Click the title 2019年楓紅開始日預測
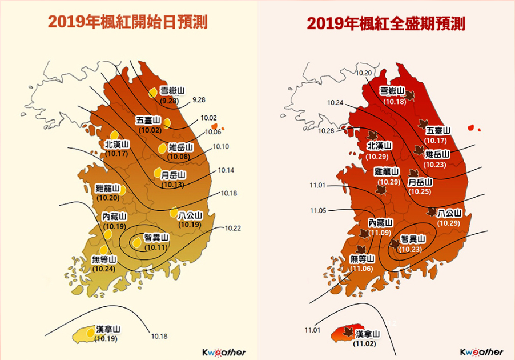pyautogui.click(x=127, y=22)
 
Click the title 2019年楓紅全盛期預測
pyautogui.click(x=386, y=24)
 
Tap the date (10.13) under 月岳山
pyautogui.click(x=172, y=185)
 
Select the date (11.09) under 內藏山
pyautogui.click(x=380, y=233)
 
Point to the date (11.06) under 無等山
pyautogui.click(x=363, y=268)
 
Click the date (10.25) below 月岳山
pyautogui.click(x=420, y=191)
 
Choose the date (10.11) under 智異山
pyautogui.click(x=155, y=247)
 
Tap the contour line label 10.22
pyautogui.click(x=232, y=228)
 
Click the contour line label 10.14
pyautogui.click(x=226, y=170)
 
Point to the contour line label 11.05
pyautogui.click(x=318, y=211)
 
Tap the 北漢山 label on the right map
pyautogui.click(x=379, y=146)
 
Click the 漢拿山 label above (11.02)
pyautogui.click(x=368, y=334)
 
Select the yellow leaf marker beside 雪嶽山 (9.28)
pyautogui.click(x=153, y=92)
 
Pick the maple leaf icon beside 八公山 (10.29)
pyautogui.click(x=432, y=212)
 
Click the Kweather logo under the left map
pyautogui.click(x=224, y=352)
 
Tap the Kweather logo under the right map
pyautogui.click(x=482, y=352)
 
